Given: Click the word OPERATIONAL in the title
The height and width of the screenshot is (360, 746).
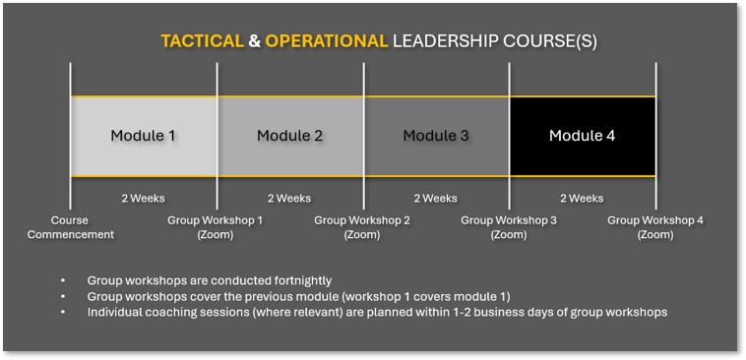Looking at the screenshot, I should (326, 41).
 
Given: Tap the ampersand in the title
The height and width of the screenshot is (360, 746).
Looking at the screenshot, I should (254, 41).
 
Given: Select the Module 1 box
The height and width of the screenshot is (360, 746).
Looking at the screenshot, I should (144, 136).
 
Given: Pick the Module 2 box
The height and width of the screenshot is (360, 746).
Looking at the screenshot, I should (290, 136).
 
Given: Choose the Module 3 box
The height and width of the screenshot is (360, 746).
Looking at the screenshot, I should (436, 136).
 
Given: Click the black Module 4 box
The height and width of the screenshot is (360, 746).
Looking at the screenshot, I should (583, 136).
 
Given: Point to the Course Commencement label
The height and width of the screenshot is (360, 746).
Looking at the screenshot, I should (71, 227).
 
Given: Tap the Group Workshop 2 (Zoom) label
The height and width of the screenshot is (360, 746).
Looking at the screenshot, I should (362, 227).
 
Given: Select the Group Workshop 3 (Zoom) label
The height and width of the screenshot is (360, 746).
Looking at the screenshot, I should (509, 227).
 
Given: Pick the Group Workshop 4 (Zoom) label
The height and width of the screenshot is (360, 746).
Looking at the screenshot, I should (655, 227).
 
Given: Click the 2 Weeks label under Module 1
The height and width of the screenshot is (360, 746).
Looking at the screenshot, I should (143, 199).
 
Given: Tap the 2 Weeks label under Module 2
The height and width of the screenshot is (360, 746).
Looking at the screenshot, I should (289, 199).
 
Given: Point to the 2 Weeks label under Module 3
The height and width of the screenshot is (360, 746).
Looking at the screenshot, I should (435, 199).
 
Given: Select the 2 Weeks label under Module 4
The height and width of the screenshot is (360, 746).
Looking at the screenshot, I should (582, 199).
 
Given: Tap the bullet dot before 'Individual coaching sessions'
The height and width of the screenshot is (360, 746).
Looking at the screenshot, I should (63, 312).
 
